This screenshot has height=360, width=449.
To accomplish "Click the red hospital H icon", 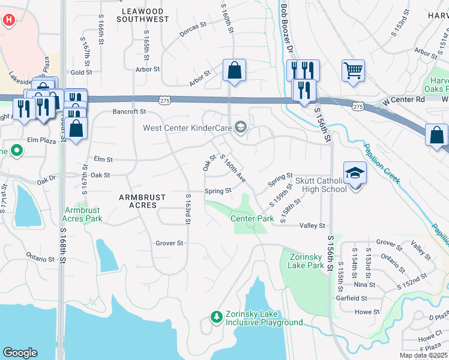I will [8, 20].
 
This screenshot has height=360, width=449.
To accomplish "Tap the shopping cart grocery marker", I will [354, 70].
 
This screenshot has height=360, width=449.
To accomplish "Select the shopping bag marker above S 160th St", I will [234, 70].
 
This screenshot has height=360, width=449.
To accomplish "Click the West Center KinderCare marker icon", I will [241, 127].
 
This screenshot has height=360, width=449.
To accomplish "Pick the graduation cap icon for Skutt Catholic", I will [355, 173].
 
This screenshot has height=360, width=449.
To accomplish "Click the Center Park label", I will [252, 218].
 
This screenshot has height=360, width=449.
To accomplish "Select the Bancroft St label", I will [130, 112].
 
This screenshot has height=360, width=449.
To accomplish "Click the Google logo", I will [20, 353].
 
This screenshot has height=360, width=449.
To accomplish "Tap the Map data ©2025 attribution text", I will [424, 356].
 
